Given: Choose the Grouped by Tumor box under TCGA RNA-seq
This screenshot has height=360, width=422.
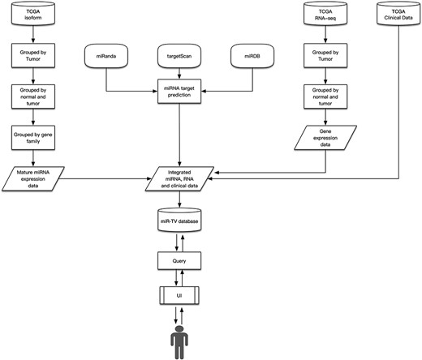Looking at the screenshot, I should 325,58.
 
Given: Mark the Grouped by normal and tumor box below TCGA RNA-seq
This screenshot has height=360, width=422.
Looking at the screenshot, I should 325,98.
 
